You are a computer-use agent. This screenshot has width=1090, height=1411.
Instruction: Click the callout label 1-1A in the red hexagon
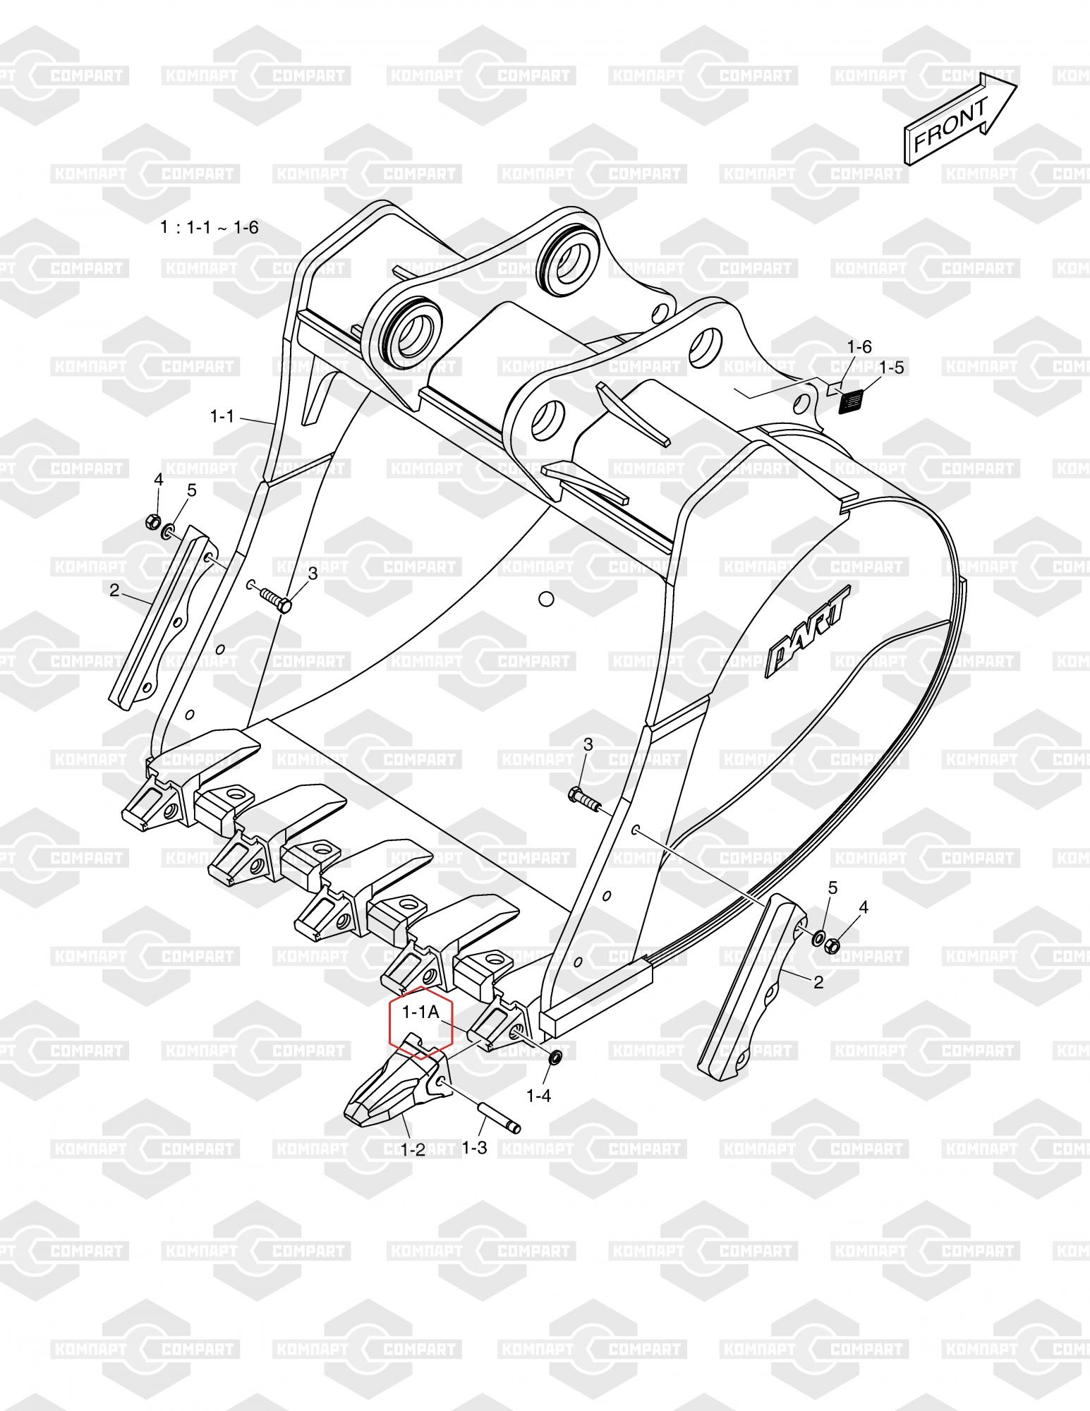421,1012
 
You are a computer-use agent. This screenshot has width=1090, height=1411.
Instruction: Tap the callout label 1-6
859,346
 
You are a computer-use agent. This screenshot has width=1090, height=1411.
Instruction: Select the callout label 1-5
891,368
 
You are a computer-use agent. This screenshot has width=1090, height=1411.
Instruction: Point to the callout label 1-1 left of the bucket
222,417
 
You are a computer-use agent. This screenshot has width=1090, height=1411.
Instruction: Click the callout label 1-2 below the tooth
413,1149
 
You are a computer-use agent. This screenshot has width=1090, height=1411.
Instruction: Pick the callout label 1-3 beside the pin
474,1148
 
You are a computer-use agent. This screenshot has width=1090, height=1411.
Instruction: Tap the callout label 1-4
538,1096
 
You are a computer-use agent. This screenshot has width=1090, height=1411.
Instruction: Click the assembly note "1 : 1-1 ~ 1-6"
209,227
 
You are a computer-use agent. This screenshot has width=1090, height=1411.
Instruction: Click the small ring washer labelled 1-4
555,1058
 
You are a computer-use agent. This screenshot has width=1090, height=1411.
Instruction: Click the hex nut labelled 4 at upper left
150,523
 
